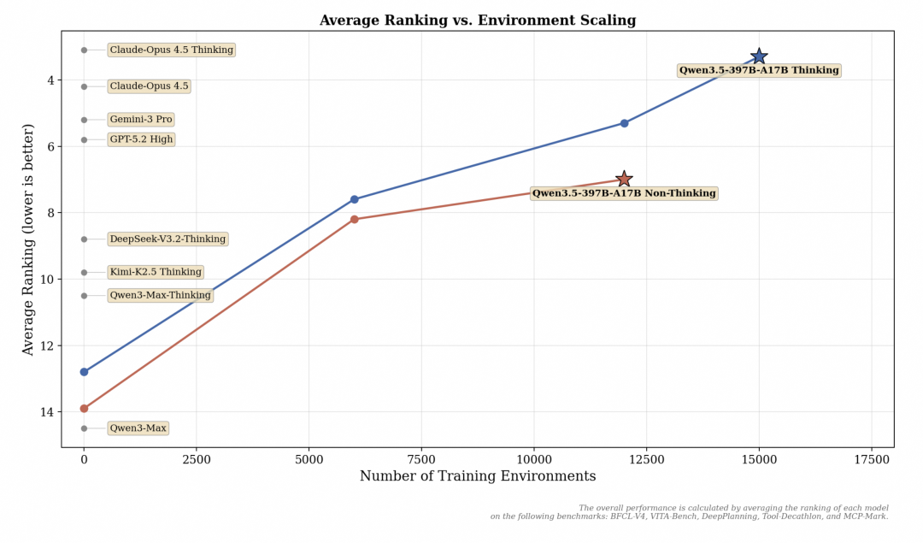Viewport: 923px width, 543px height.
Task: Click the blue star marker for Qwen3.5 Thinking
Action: pos(759,56)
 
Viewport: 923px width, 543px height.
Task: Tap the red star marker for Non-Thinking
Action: pos(624,179)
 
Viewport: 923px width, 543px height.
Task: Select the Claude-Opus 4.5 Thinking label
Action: pos(171,50)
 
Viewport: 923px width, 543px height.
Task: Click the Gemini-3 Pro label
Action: pos(141,120)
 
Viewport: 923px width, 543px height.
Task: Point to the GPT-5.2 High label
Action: pos(141,139)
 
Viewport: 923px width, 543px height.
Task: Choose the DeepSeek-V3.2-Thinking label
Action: pos(168,239)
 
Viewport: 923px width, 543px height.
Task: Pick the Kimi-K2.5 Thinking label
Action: pos(156,272)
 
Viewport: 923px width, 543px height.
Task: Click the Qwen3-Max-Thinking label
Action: pos(160,296)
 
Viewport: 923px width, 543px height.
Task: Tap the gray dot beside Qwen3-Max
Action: pos(84,428)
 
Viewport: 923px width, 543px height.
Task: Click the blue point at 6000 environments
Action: pos(354,199)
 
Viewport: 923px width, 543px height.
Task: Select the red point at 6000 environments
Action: pos(354,220)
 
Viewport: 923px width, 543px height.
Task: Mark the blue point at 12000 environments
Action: pos(624,123)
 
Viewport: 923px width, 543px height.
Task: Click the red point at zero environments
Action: pos(84,409)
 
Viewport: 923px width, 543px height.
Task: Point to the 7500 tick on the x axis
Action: pos(421,459)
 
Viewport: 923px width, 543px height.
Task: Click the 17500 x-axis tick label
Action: pos(871,459)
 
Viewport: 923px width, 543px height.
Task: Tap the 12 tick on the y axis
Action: pos(48,345)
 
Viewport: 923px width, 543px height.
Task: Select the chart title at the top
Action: pos(477,21)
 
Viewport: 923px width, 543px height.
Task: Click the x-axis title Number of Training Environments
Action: pos(477,477)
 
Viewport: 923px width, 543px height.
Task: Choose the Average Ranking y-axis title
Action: pos(28,239)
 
